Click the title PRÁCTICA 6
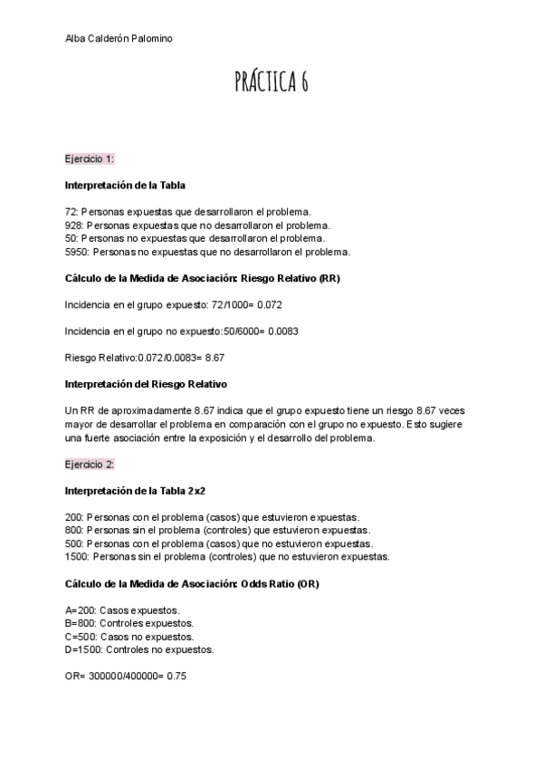(x=271, y=82)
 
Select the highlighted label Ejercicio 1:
(x=89, y=158)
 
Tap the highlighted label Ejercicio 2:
(x=89, y=464)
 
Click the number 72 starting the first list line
(x=71, y=211)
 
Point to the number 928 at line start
(x=73, y=225)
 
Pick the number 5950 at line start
(x=77, y=251)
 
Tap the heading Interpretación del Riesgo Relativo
(x=146, y=383)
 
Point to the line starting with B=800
(x=129, y=623)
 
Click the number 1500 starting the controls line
(x=77, y=556)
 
